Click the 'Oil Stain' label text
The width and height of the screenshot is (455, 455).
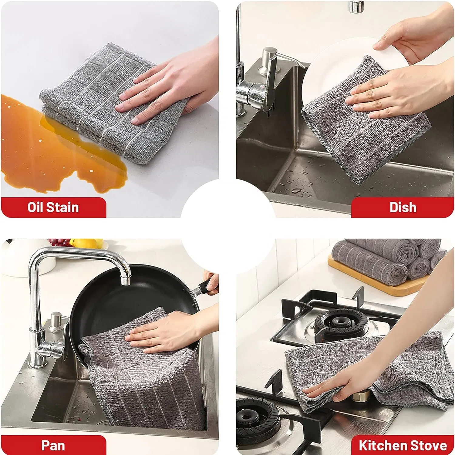click(x=53, y=207)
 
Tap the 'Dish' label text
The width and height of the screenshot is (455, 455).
click(x=403, y=207)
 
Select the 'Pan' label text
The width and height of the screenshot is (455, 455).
click(x=53, y=445)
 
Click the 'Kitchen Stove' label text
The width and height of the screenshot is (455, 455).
click(x=403, y=445)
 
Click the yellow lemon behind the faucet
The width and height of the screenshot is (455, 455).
click(x=80, y=243)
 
